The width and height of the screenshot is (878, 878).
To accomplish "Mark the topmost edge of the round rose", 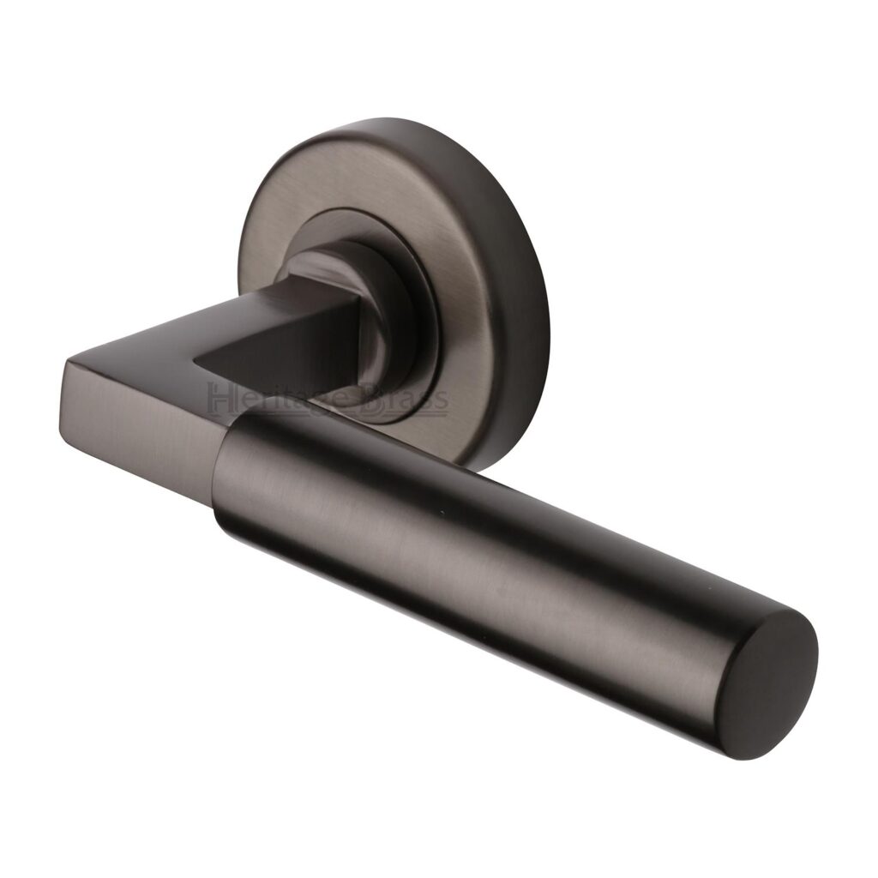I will (x=386, y=120).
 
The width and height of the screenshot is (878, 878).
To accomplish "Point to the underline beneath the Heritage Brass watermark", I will (x=326, y=416).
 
